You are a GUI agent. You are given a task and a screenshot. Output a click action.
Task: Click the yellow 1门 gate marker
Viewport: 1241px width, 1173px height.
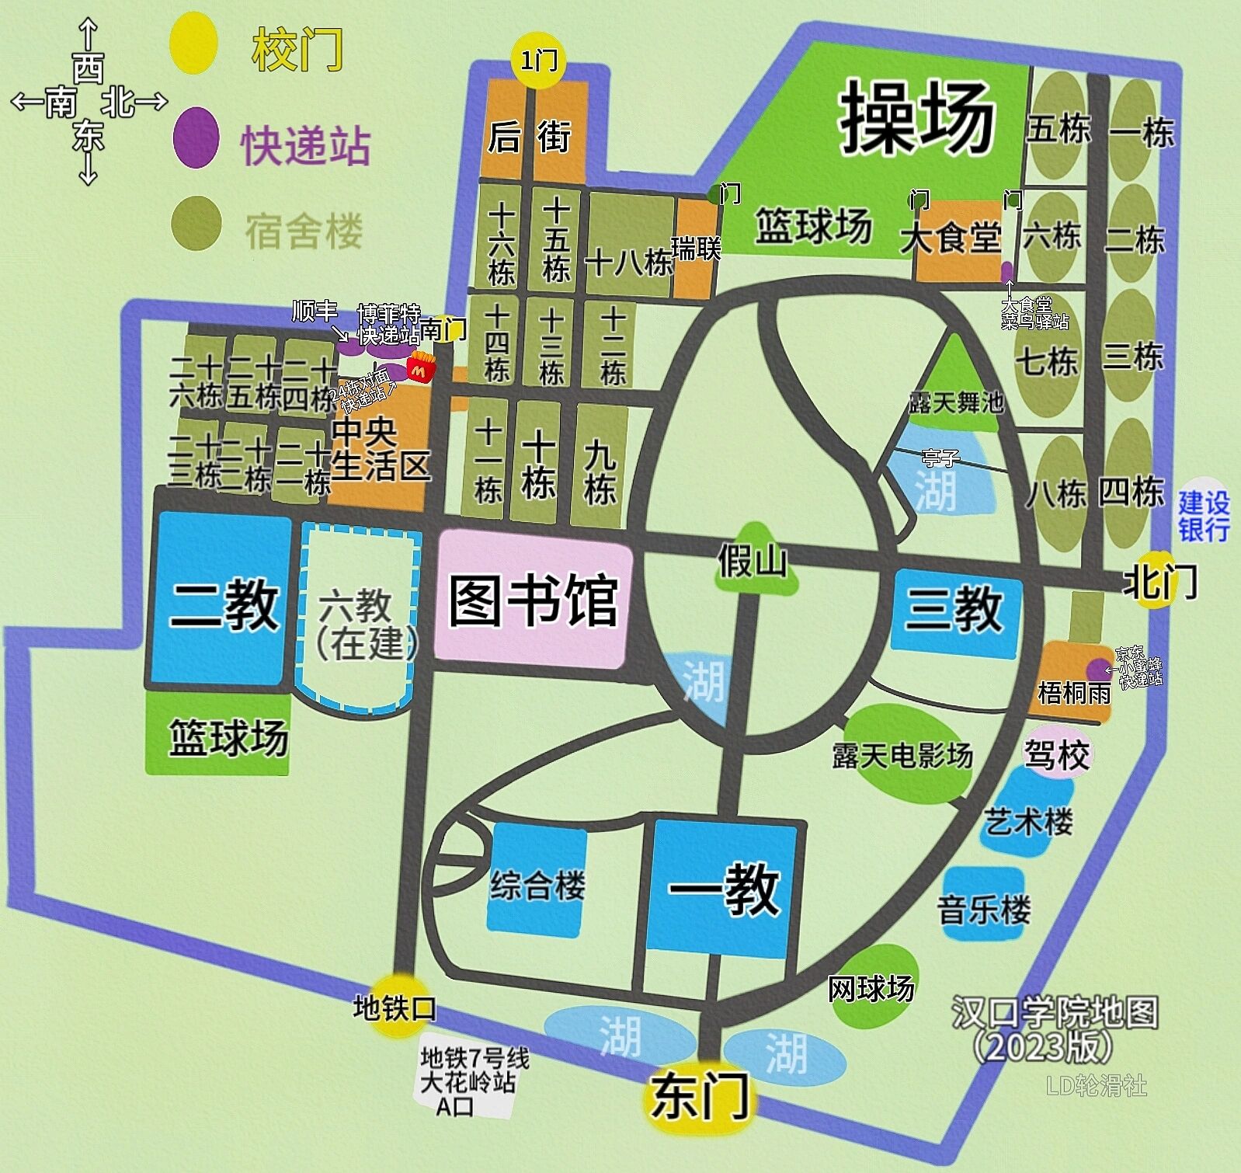[538, 59]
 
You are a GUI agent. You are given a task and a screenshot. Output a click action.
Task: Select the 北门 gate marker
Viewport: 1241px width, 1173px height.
[1156, 580]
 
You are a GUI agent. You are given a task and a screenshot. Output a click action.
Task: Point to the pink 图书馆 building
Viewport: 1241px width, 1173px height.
[533, 598]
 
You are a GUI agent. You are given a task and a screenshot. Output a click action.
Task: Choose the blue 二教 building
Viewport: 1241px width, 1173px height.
[221, 600]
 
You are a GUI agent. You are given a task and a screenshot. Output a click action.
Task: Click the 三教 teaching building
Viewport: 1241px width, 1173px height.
[954, 608]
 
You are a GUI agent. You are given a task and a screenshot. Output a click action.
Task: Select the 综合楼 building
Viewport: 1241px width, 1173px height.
[537, 881]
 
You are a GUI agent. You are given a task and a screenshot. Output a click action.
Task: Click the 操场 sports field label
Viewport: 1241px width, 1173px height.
[916, 118]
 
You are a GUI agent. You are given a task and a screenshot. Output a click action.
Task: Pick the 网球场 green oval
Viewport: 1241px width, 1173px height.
[874, 987]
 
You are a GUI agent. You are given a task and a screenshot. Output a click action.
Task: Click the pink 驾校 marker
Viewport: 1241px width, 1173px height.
[1057, 752]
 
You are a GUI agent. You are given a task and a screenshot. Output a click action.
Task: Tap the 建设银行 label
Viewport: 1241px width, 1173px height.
[1203, 514]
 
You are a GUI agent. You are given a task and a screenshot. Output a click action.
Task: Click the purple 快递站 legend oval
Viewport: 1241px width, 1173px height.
[195, 137]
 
